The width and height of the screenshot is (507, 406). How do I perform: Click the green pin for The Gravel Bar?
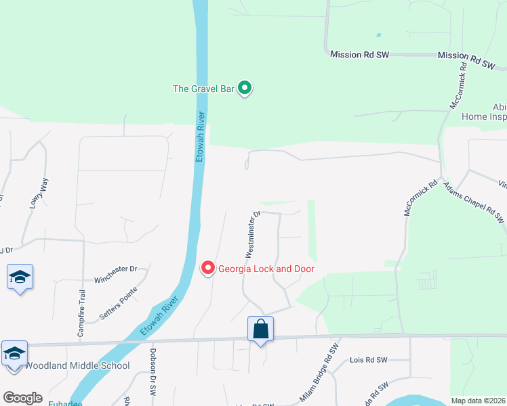pos(246,89)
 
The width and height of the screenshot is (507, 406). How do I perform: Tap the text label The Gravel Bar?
pos(204,88)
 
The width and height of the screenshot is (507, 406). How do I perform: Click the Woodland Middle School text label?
pos(77,366)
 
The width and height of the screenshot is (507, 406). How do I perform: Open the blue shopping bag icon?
pos(260,330)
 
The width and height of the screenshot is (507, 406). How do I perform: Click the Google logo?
pos(22,398)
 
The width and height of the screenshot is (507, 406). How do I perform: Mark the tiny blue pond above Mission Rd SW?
pos(378,35)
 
